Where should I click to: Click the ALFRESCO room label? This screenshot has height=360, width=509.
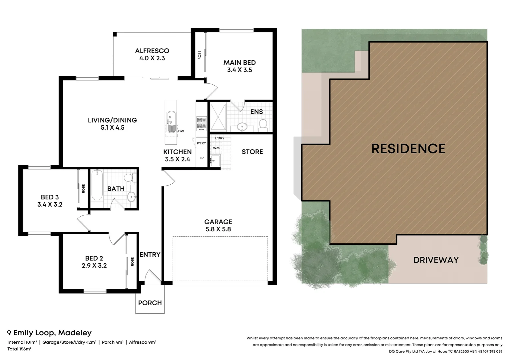click(x=152, y=51)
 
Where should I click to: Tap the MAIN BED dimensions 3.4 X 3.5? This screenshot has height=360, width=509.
click(x=240, y=70)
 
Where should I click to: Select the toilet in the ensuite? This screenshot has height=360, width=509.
click(x=263, y=124)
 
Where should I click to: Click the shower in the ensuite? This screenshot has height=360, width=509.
click(x=218, y=117)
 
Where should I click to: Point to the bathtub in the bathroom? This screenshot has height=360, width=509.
click(x=97, y=185)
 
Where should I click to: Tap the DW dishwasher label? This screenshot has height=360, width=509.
click(x=181, y=131)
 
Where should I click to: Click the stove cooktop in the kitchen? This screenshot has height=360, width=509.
click(x=202, y=123)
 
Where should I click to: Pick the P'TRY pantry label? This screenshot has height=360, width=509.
click(x=201, y=143)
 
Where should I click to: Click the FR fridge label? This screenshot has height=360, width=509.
click(x=202, y=158)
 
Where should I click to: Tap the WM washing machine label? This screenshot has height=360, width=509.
click(x=216, y=148)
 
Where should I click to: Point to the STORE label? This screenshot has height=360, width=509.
click(x=252, y=152)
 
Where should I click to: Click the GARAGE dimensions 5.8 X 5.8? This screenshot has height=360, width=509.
click(x=218, y=229)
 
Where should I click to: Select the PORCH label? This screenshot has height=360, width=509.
click(x=150, y=303)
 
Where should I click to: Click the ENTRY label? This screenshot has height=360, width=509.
click(x=150, y=255)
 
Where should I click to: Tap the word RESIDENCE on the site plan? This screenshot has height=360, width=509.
click(x=408, y=149)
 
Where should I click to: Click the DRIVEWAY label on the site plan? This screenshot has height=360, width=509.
click(x=436, y=260)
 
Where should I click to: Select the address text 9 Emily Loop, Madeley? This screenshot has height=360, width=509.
click(x=49, y=333)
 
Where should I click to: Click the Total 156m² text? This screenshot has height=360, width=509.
click(x=19, y=349)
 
